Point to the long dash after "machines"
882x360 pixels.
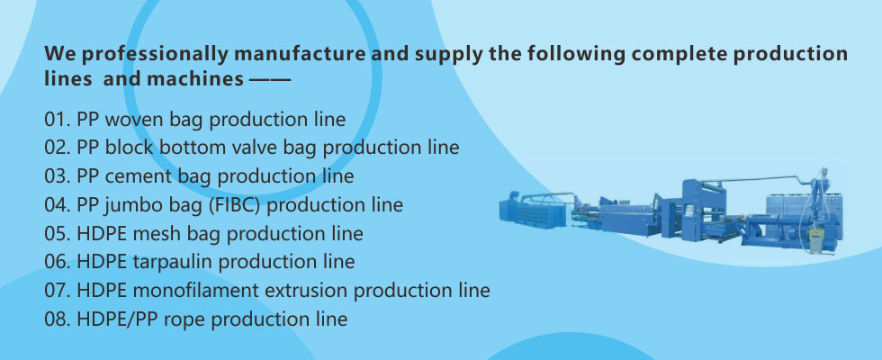click(x=269, y=80)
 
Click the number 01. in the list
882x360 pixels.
click(x=58, y=120)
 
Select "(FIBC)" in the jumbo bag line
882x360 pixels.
click(x=235, y=205)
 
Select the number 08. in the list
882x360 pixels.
click(x=58, y=319)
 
